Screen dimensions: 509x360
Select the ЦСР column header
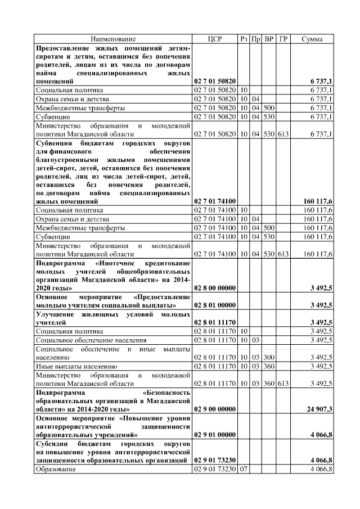215,39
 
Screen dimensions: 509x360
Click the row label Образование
56,469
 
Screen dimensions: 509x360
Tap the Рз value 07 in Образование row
244,469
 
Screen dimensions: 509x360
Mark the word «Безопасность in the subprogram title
167,391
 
